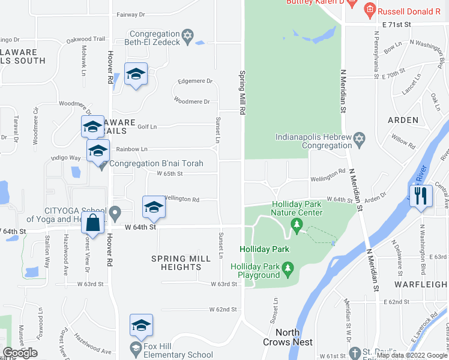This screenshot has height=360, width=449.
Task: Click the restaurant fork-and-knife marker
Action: click(421, 196)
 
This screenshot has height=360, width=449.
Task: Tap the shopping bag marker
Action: click(93, 223)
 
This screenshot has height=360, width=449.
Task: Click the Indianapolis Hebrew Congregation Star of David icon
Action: click(359, 139)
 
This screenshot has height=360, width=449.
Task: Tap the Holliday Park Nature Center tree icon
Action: click(297, 224)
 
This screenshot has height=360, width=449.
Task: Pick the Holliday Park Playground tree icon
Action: click(288, 266)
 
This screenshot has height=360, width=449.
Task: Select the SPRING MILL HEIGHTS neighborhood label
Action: click(181, 263)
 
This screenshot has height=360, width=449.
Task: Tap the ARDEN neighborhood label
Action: click(403, 120)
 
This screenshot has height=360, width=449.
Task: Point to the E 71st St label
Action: click(396, 25)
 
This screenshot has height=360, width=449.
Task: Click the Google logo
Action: click(20, 353)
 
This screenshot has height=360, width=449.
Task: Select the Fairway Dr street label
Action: click(131, 14)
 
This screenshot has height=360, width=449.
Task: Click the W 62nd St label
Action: click(223, 310)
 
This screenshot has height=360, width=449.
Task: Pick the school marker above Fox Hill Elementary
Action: click(141, 325)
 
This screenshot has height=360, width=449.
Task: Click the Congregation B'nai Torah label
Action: click(157, 163)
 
